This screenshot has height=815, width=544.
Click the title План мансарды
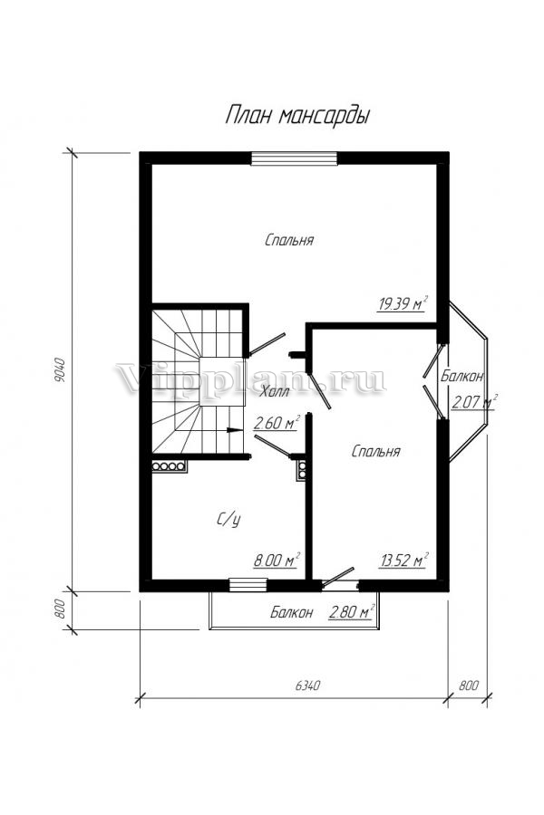(297, 115)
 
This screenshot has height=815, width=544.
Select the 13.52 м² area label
(403, 560)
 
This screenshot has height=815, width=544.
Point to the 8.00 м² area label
(277, 560)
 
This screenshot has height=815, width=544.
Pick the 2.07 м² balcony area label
(474, 402)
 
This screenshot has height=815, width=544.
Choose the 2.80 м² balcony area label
(352, 612)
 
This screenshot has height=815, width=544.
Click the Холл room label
(276, 391)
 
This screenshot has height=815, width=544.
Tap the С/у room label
(228, 519)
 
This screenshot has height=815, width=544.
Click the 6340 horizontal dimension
(307, 686)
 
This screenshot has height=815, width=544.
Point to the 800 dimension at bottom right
(469, 686)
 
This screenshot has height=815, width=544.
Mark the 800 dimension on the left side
(58, 609)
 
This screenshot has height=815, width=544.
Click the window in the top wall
(294, 158)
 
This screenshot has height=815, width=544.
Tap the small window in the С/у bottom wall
(248, 585)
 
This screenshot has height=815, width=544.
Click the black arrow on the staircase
(236, 430)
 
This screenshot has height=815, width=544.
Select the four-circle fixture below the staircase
(170, 466)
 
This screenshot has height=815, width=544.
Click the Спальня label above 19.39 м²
(289, 240)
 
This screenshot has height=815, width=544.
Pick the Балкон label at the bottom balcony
(292, 612)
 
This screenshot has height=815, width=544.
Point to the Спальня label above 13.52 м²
(376, 451)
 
